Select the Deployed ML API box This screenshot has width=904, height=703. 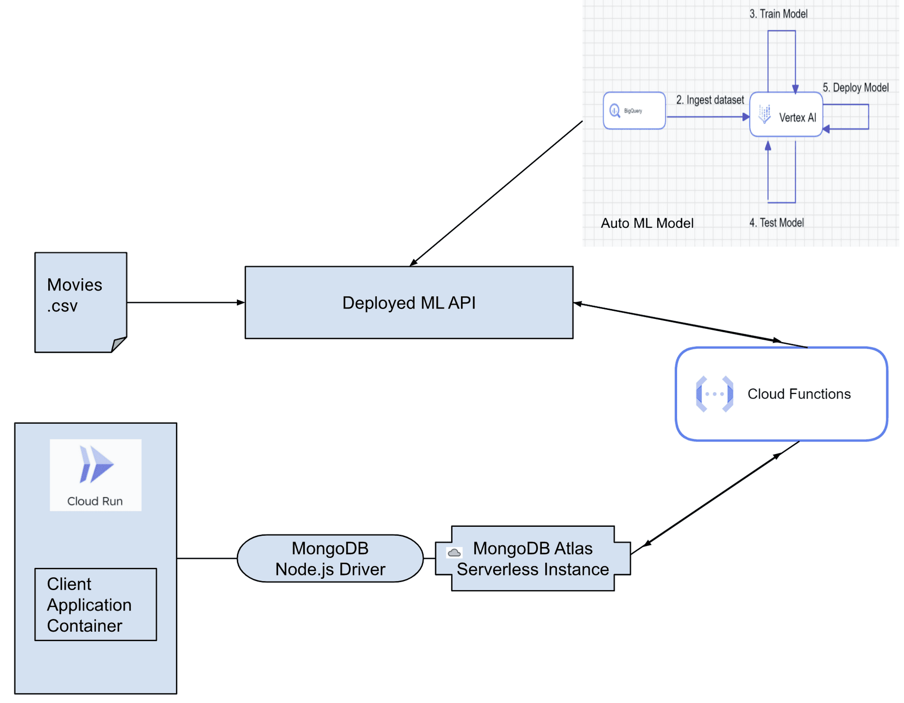click(x=409, y=302)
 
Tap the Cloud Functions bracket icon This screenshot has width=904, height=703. click(x=714, y=394)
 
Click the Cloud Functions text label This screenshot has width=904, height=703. click(x=799, y=394)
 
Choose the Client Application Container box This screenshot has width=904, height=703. click(x=95, y=604)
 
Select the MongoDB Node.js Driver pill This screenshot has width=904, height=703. click(x=330, y=558)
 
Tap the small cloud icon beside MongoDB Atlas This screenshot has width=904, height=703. click(x=454, y=553)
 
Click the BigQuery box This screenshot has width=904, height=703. click(x=634, y=111)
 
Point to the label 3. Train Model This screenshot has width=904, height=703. click(x=778, y=14)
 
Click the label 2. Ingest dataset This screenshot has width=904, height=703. click(x=710, y=100)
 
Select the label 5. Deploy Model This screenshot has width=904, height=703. click(x=855, y=88)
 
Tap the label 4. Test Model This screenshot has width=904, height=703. click(x=777, y=223)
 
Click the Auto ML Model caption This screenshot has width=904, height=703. click(x=647, y=223)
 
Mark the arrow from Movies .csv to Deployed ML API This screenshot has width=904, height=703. click(x=185, y=303)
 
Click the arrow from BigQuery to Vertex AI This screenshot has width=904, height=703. click(x=707, y=117)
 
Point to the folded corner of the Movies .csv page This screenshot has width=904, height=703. click(x=119, y=344)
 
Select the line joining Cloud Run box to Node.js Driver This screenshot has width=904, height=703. click(x=207, y=558)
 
